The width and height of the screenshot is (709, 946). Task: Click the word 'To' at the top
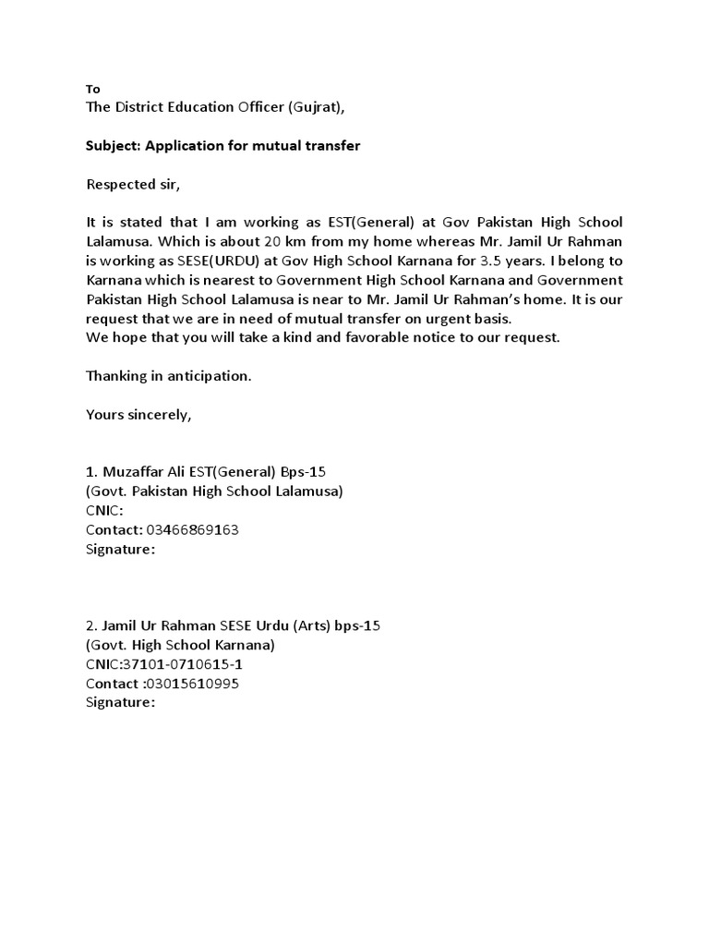click(92, 90)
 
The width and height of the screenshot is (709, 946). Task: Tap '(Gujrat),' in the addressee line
click(315, 107)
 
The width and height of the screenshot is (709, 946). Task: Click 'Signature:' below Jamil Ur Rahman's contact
click(120, 702)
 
